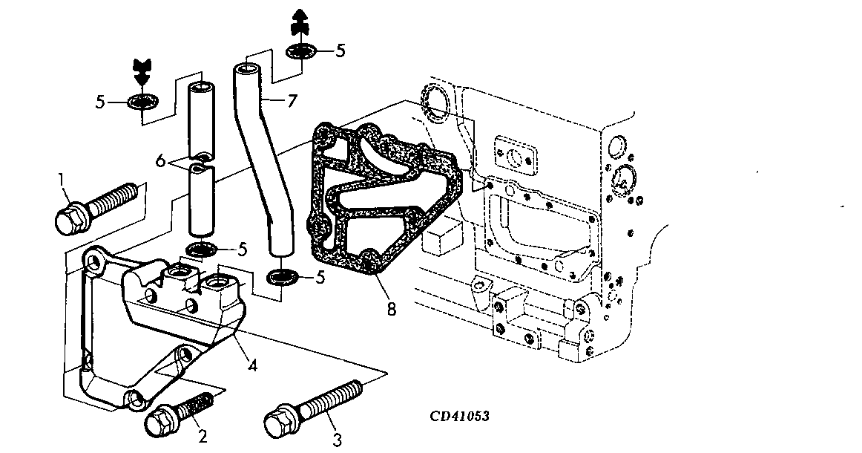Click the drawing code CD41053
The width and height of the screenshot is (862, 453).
459,417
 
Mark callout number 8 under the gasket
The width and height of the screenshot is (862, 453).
390,308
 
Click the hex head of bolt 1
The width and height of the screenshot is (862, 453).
70,217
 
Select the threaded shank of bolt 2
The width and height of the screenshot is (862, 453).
200,406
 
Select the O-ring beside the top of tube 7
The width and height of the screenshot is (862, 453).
301,52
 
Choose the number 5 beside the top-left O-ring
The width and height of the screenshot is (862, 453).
100,102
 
